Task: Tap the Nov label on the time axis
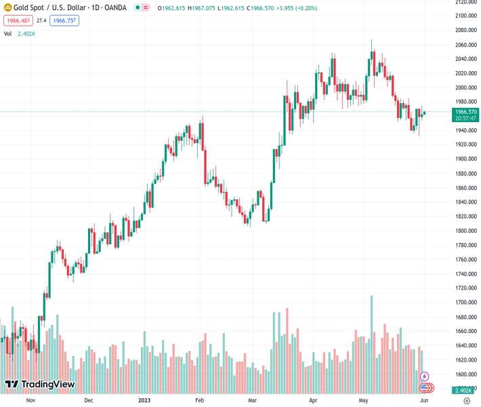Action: pos(30,400)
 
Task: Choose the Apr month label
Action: pos(312,400)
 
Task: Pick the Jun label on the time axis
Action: pos(423,400)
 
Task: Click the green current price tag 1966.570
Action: pos(466,114)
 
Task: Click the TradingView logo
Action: pos(39,385)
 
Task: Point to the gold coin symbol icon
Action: pos(8,7)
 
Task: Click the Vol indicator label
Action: pos(8,33)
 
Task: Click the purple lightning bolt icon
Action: pos(425,376)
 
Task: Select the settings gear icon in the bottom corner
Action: pos(466,400)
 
